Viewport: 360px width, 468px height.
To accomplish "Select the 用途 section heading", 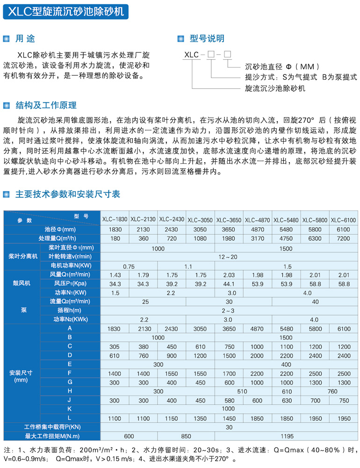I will [x=25, y=38].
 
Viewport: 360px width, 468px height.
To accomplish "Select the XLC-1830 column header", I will [x=115, y=219].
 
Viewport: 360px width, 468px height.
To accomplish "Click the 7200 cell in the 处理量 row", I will [x=343, y=238].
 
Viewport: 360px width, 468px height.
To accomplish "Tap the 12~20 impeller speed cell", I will [x=229, y=257].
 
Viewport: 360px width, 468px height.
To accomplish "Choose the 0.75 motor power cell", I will [x=129, y=266].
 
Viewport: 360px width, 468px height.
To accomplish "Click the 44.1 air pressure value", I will [x=229, y=283].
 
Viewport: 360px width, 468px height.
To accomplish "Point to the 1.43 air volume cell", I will [x=115, y=274].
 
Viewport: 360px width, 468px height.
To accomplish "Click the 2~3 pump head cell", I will [x=229, y=310].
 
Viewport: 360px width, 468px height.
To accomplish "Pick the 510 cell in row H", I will [x=243, y=390].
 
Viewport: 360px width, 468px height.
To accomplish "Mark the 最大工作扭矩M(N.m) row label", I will [x=52, y=436].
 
